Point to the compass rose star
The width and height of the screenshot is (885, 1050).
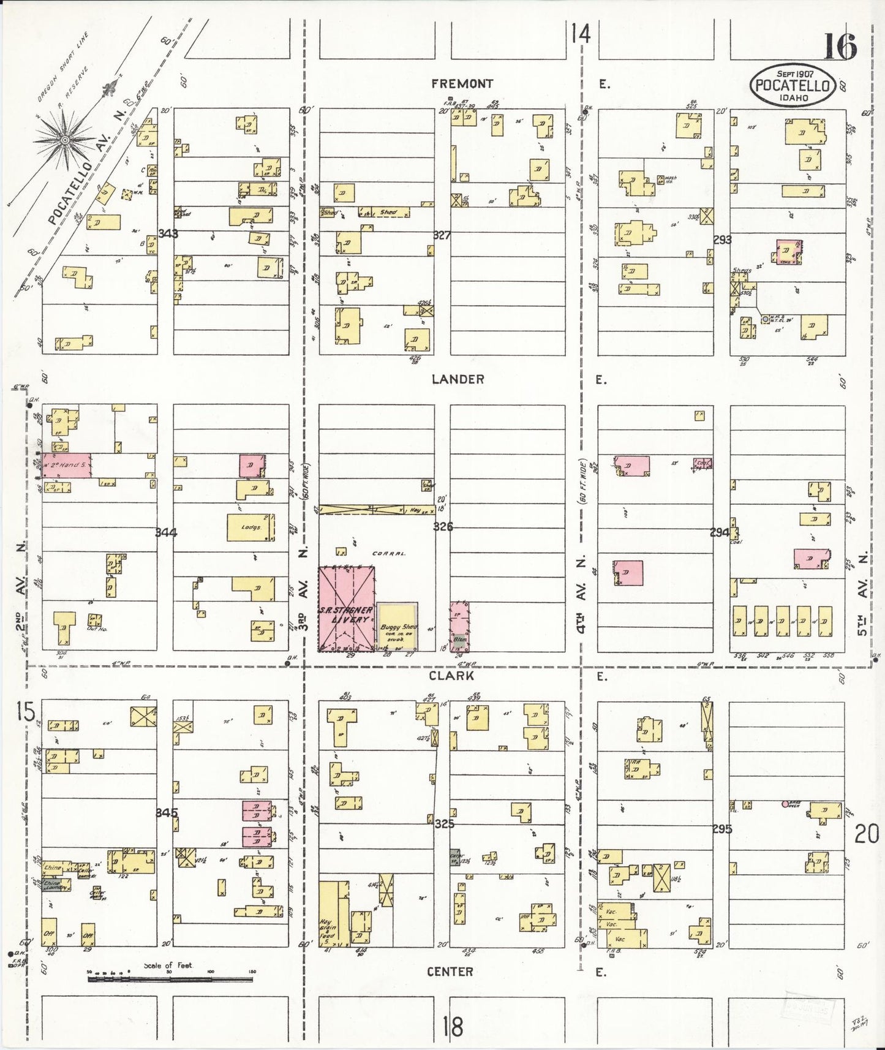(64, 139)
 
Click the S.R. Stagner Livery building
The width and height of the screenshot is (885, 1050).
(346, 609)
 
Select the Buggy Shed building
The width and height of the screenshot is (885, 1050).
(397, 627)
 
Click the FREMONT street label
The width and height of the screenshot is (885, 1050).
(462, 84)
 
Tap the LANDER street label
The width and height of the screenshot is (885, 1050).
(458, 379)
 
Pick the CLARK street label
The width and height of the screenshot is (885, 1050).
(460, 676)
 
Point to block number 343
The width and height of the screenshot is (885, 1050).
(167, 233)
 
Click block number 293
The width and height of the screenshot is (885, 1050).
(723, 240)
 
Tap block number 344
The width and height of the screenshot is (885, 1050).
(166, 532)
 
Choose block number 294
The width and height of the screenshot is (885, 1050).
(720, 532)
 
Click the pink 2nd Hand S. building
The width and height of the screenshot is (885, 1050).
(67, 466)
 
